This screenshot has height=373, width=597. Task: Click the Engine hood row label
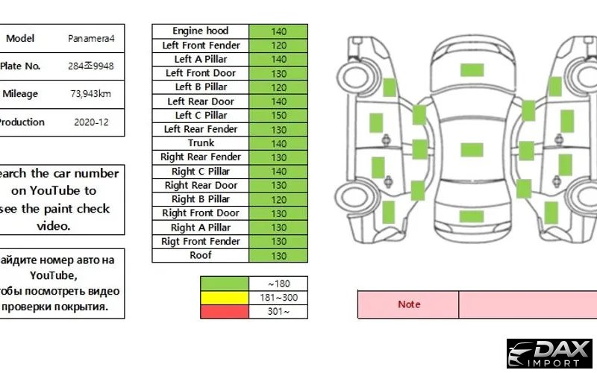click(200, 31)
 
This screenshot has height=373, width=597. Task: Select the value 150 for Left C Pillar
click(278, 116)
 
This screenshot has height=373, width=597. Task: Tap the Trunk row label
click(200, 143)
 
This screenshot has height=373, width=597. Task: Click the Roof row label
click(200, 255)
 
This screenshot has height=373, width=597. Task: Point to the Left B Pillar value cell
click(278, 87)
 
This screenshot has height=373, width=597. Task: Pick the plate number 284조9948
click(92, 66)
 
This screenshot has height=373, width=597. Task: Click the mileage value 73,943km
click(92, 94)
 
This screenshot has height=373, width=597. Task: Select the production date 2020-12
click(92, 122)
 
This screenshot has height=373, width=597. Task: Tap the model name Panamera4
click(92, 38)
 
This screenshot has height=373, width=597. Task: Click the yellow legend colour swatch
click(224, 298)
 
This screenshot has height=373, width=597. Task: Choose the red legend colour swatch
click(224, 312)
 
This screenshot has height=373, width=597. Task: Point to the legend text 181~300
click(278, 298)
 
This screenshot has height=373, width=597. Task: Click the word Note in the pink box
click(408, 304)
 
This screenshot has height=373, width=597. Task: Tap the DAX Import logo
click(549, 354)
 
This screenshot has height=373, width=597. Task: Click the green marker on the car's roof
click(471, 149)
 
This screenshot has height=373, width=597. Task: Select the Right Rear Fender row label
click(200, 157)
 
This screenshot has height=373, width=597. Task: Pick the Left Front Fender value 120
click(278, 46)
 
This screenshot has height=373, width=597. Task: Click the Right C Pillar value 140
click(278, 172)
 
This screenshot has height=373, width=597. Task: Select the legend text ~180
click(278, 283)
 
